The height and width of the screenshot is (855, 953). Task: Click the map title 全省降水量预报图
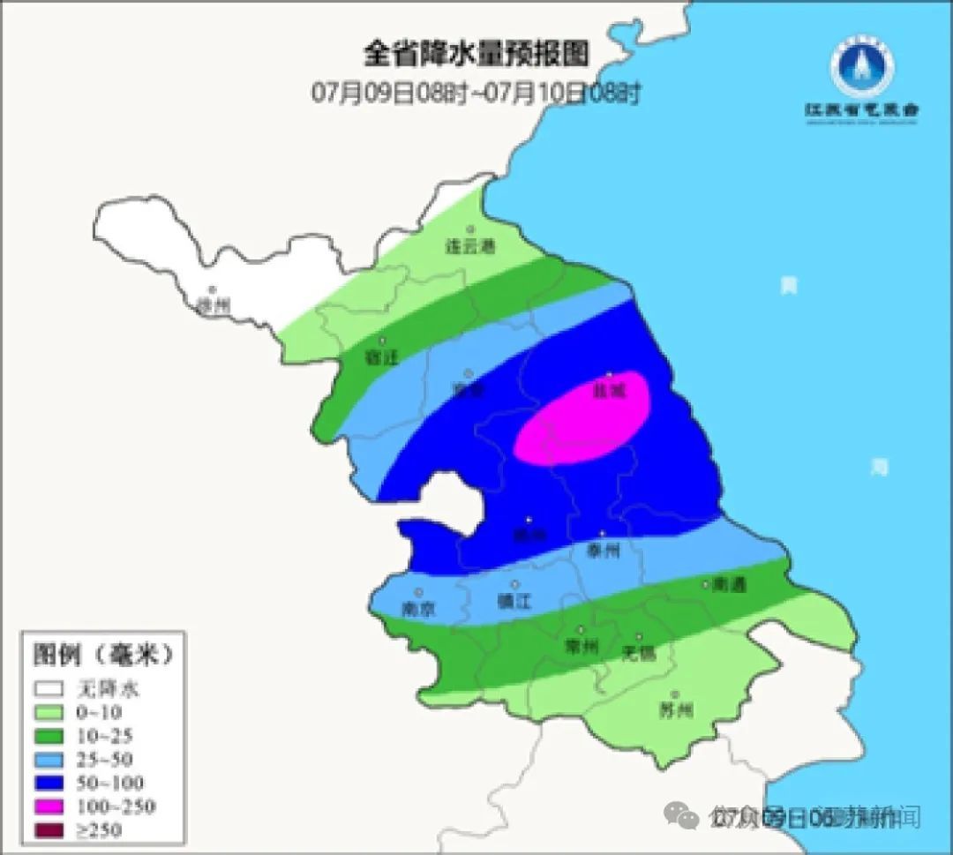click(476, 54)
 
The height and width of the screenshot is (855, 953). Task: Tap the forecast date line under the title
click(476, 92)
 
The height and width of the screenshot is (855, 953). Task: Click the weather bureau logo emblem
click(861, 71)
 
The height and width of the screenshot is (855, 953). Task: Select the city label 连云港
click(469, 248)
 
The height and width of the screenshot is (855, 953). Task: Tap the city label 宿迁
click(382, 357)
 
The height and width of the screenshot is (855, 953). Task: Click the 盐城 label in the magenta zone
click(609, 389)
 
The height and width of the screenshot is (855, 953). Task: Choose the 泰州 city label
click(604, 551)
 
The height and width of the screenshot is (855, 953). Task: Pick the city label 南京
click(419, 609)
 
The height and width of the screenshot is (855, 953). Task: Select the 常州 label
click(582, 647)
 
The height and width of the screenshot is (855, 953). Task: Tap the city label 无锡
click(639, 653)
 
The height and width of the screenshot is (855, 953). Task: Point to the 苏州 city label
click(676, 710)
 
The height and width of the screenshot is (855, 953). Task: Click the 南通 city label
click(729, 584)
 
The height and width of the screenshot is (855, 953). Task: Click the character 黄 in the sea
click(788, 285)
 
